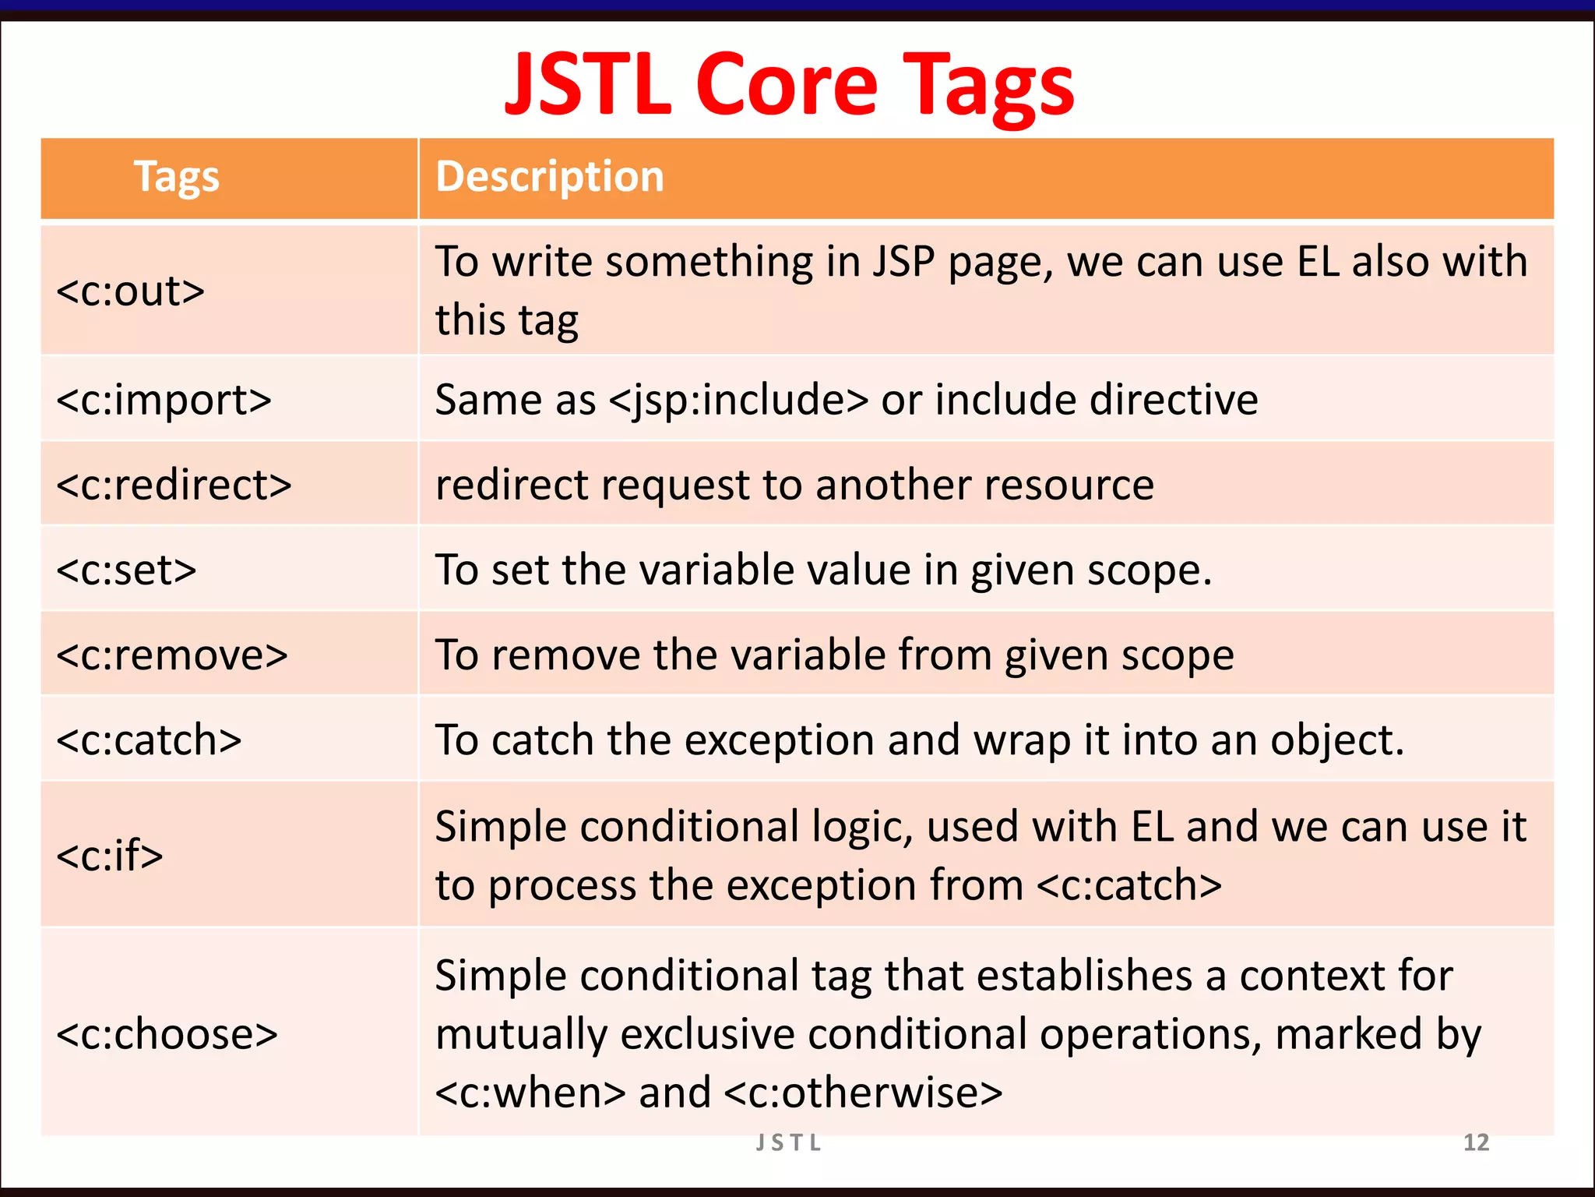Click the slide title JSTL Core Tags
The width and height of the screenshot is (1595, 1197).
790,83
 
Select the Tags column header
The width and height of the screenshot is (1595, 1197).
177,177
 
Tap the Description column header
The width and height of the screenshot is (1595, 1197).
549,177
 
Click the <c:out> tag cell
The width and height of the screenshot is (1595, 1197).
130,291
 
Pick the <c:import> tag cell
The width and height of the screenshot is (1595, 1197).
164,401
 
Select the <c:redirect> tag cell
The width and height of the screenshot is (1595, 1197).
174,485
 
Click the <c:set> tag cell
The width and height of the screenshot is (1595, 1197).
126,570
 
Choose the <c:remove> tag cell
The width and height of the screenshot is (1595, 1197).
172,655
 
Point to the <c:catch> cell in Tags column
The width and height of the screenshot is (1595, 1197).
149,740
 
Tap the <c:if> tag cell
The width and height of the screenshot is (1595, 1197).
110,855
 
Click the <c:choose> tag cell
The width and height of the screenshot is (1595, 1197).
167,1034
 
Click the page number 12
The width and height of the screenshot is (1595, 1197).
1476,1142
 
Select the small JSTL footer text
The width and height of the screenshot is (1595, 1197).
788,1142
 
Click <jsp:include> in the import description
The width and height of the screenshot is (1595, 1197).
738,401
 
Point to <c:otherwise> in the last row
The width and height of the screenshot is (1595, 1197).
863,1093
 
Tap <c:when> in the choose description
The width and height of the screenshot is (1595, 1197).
530,1093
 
